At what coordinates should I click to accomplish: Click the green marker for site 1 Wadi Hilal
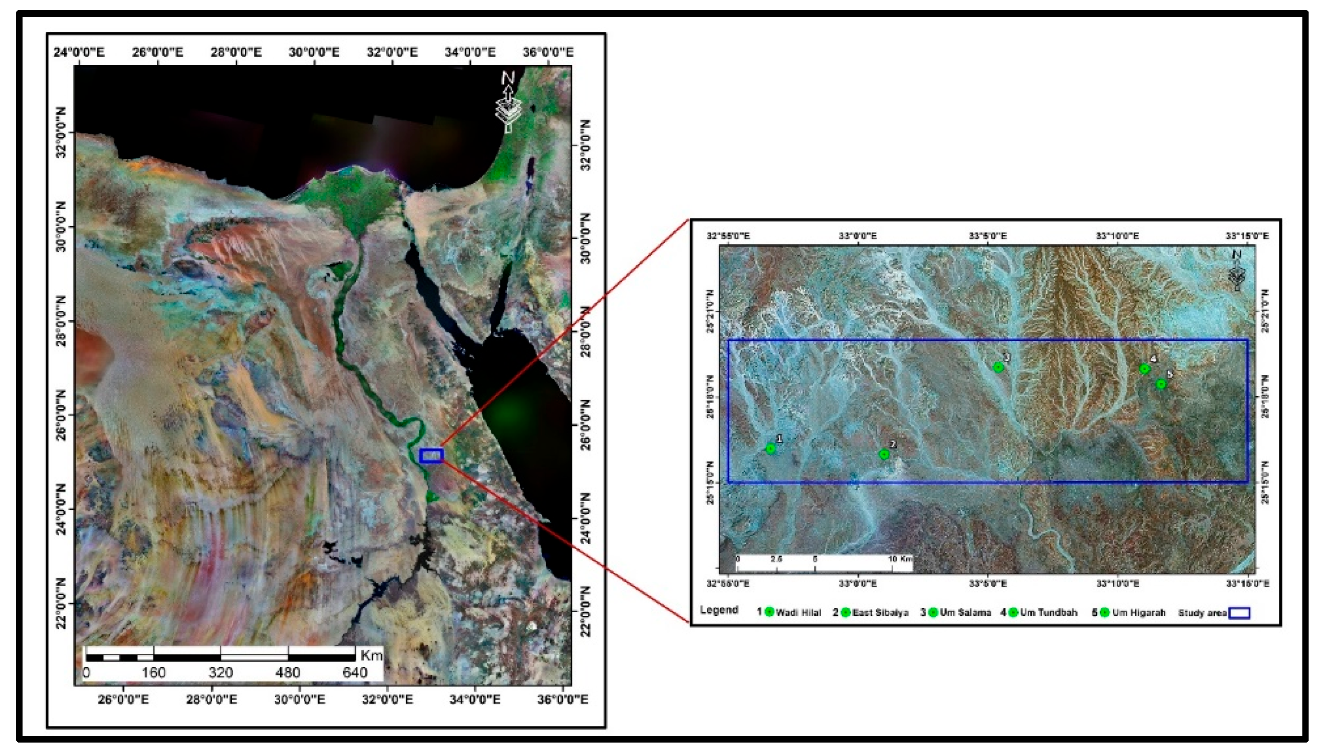771,449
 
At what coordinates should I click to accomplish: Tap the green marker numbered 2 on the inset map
884,454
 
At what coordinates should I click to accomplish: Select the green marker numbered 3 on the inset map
998,367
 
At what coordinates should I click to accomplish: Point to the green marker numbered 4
1145,369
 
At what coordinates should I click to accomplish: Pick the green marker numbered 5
1161,384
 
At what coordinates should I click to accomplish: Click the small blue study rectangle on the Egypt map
431,455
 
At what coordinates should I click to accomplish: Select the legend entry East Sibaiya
881,613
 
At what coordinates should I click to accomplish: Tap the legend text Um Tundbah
1049,613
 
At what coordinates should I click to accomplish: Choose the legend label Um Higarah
1139,613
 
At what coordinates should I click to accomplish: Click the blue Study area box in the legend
1239,613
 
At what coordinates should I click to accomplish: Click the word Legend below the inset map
719,610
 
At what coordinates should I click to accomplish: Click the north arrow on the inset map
1237,270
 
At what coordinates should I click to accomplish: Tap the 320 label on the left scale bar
221,673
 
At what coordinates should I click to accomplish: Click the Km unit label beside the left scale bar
371,655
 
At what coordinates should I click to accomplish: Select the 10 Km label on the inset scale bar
900,559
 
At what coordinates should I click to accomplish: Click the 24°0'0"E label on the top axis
79,52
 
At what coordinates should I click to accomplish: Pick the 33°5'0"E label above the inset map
988,236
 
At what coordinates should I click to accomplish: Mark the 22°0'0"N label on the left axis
62,603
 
